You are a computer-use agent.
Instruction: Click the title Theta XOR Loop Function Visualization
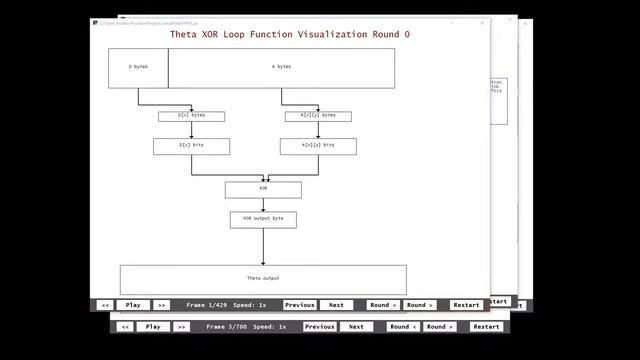pyautogui.click(x=290, y=34)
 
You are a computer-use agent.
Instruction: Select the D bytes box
pyautogui.click(x=138, y=67)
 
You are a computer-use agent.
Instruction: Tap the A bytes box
pyautogui.click(x=282, y=67)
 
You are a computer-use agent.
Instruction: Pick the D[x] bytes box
pyautogui.click(x=191, y=116)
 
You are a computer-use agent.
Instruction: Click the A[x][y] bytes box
pyautogui.click(x=318, y=116)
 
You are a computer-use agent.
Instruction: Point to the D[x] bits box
pyautogui.click(x=191, y=146)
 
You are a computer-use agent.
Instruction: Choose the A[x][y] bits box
pyautogui.click(x=318, y=146)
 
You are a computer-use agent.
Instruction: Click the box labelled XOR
pyautogui.click(x=263, y=188)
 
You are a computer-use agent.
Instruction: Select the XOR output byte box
pyautogui.click(x=263, y=219)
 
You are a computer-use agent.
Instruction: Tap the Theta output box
pyautogui.click(x=263, y=279)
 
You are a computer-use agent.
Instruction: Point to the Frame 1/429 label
pyautogui.click(x=207, y=305)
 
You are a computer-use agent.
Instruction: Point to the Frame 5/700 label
pyautogui.click(x=227, y=327)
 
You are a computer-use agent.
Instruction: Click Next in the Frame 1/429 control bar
pyautogui.click(x=336, y=305)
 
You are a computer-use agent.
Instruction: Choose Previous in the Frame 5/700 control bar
pyautogui.click(x=320, y=327)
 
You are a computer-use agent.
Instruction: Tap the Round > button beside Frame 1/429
pyautogui.click(x=419, y=305)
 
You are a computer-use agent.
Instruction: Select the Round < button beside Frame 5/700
pyautogui.click(x=403, y=327)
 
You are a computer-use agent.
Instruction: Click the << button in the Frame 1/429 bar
pyautogui.click(x=105, y=305)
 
